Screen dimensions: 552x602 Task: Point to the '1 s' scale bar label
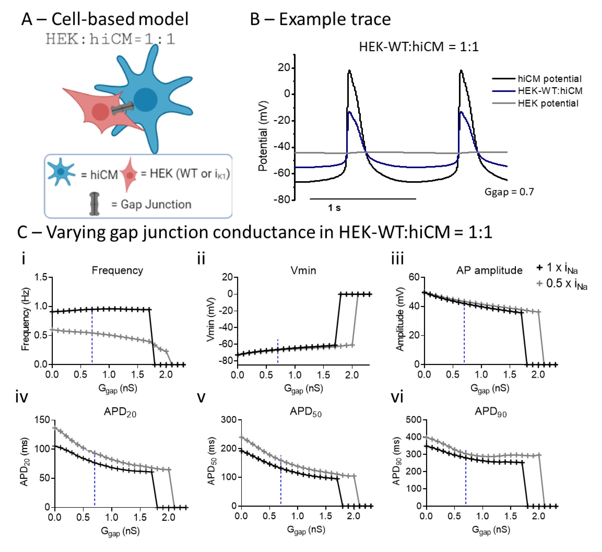[x=334, y=208]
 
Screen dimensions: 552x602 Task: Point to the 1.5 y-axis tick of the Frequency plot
[x=41, y=277]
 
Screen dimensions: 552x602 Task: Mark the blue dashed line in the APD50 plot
[x=281, y=484]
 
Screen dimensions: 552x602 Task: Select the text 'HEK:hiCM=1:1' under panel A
[x=110, y=39]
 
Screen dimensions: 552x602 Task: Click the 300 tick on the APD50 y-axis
[x=229, y=420]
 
